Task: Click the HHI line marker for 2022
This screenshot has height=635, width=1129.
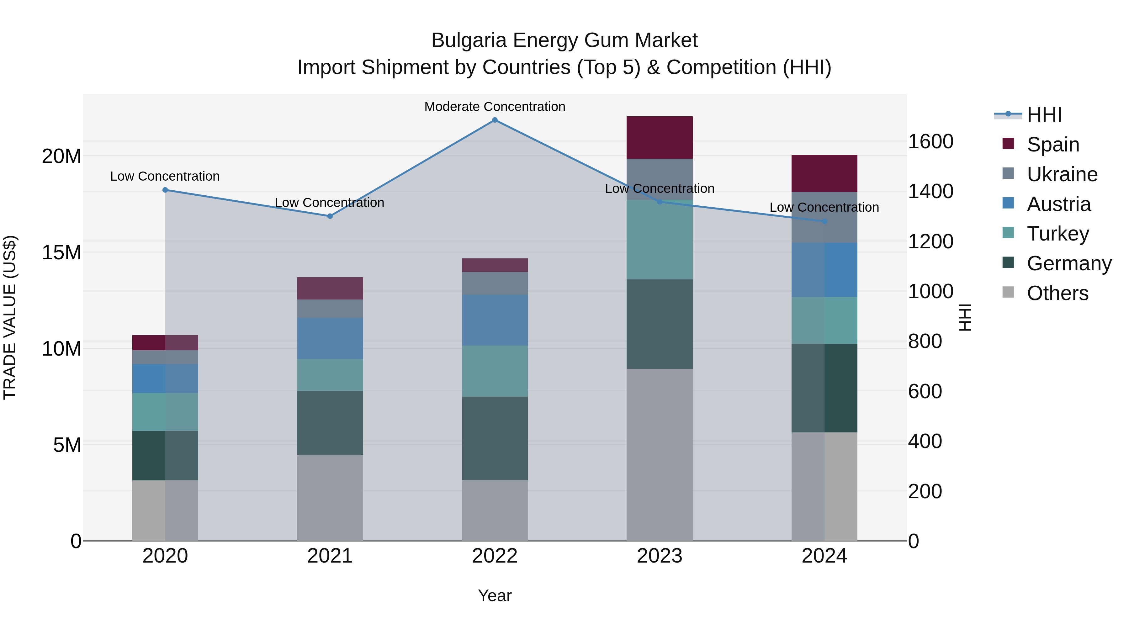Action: tap(495, 120)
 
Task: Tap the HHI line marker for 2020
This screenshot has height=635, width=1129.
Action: tap(165, 190)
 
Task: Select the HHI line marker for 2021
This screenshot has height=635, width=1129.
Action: tap(330, 216)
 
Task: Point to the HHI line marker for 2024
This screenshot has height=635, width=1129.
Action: tap(824, 222)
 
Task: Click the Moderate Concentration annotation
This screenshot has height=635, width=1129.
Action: tap(495, 107)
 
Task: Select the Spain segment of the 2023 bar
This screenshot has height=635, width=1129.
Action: tap(660, 138)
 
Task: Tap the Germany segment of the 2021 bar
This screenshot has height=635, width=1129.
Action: tap(330, 423)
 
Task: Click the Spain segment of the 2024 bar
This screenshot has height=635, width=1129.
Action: tap(824, 173)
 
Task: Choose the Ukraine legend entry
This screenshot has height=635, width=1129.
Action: tap(1062, 174)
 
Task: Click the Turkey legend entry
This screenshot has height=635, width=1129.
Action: tap(1057, 234)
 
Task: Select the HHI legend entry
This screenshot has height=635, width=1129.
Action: tap(1044, 115)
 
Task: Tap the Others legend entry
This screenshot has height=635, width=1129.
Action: tap(1057, 293)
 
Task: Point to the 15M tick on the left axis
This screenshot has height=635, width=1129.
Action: tap(61, 252)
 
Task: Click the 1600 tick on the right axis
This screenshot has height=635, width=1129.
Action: tap(930, 141)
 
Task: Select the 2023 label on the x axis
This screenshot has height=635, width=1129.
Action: tap(660, 556)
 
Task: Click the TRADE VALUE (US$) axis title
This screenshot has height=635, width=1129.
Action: tap(10, 318)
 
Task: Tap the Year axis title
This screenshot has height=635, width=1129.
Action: tap(495, 595)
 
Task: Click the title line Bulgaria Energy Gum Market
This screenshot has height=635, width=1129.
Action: tap(564, 40)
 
